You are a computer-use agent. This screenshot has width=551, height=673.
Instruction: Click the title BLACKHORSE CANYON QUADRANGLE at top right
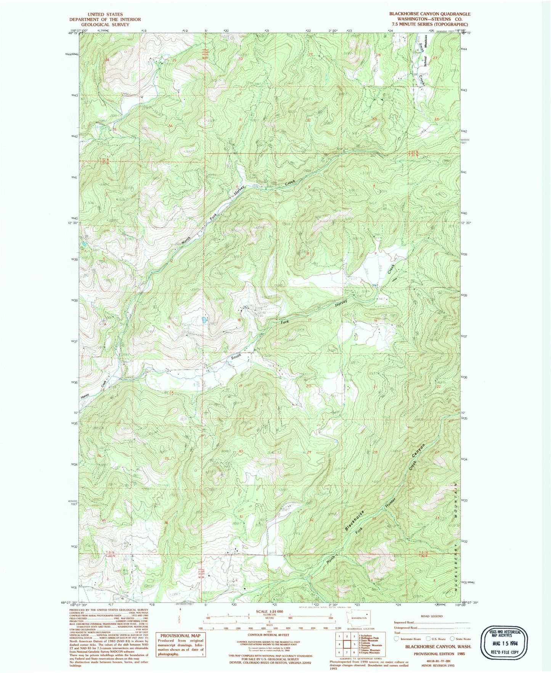click(x=430, y=14)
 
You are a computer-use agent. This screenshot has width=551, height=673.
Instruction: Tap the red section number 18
click(x=239, y=320)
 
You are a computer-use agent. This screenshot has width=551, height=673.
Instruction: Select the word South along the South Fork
click(x=236, y=357)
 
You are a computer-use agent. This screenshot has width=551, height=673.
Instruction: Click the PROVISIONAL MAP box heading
click(x=180, y=636)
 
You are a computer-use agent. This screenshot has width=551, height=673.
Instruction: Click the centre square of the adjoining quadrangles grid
click(x=347, y=644)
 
